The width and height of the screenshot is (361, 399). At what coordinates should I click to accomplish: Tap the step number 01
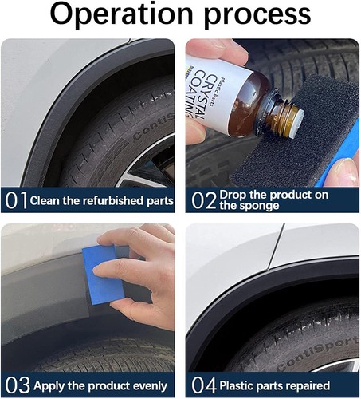16,199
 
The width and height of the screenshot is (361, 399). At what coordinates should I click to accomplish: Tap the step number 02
203,199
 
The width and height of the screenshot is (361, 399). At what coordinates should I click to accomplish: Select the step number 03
17,385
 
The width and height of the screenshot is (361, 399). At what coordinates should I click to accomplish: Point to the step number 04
204,385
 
